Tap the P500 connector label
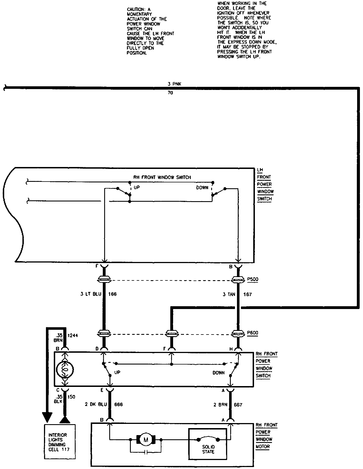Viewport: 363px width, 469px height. [252, 279]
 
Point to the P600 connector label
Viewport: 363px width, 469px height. [252, 333]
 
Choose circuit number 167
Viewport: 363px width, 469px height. [247, 294]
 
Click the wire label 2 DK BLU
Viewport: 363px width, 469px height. [96, 404]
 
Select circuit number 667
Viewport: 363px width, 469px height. [238, 405]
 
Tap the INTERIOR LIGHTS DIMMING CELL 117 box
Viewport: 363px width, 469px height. [60, 442]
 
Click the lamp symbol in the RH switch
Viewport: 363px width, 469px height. [65, 370]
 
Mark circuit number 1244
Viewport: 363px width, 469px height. [73, 335]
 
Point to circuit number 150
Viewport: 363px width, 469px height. [71, 397]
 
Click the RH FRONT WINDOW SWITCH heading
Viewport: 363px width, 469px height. [162, 177]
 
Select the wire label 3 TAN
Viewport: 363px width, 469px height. [229, 294]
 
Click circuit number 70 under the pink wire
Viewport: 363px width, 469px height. [170, 93]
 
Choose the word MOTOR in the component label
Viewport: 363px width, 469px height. [262, 447]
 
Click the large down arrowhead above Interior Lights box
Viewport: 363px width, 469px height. [47, 417]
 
